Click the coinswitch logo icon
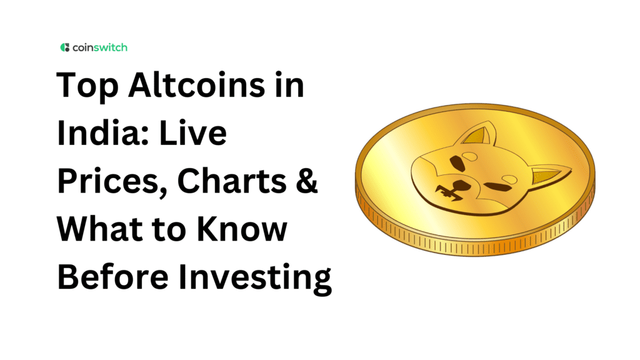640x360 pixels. pos(64,47)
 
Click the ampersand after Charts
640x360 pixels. pos(304,182)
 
